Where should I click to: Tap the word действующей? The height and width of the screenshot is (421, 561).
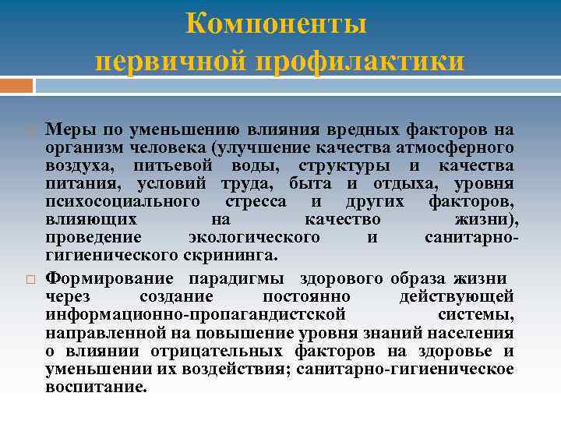point(456,296)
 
